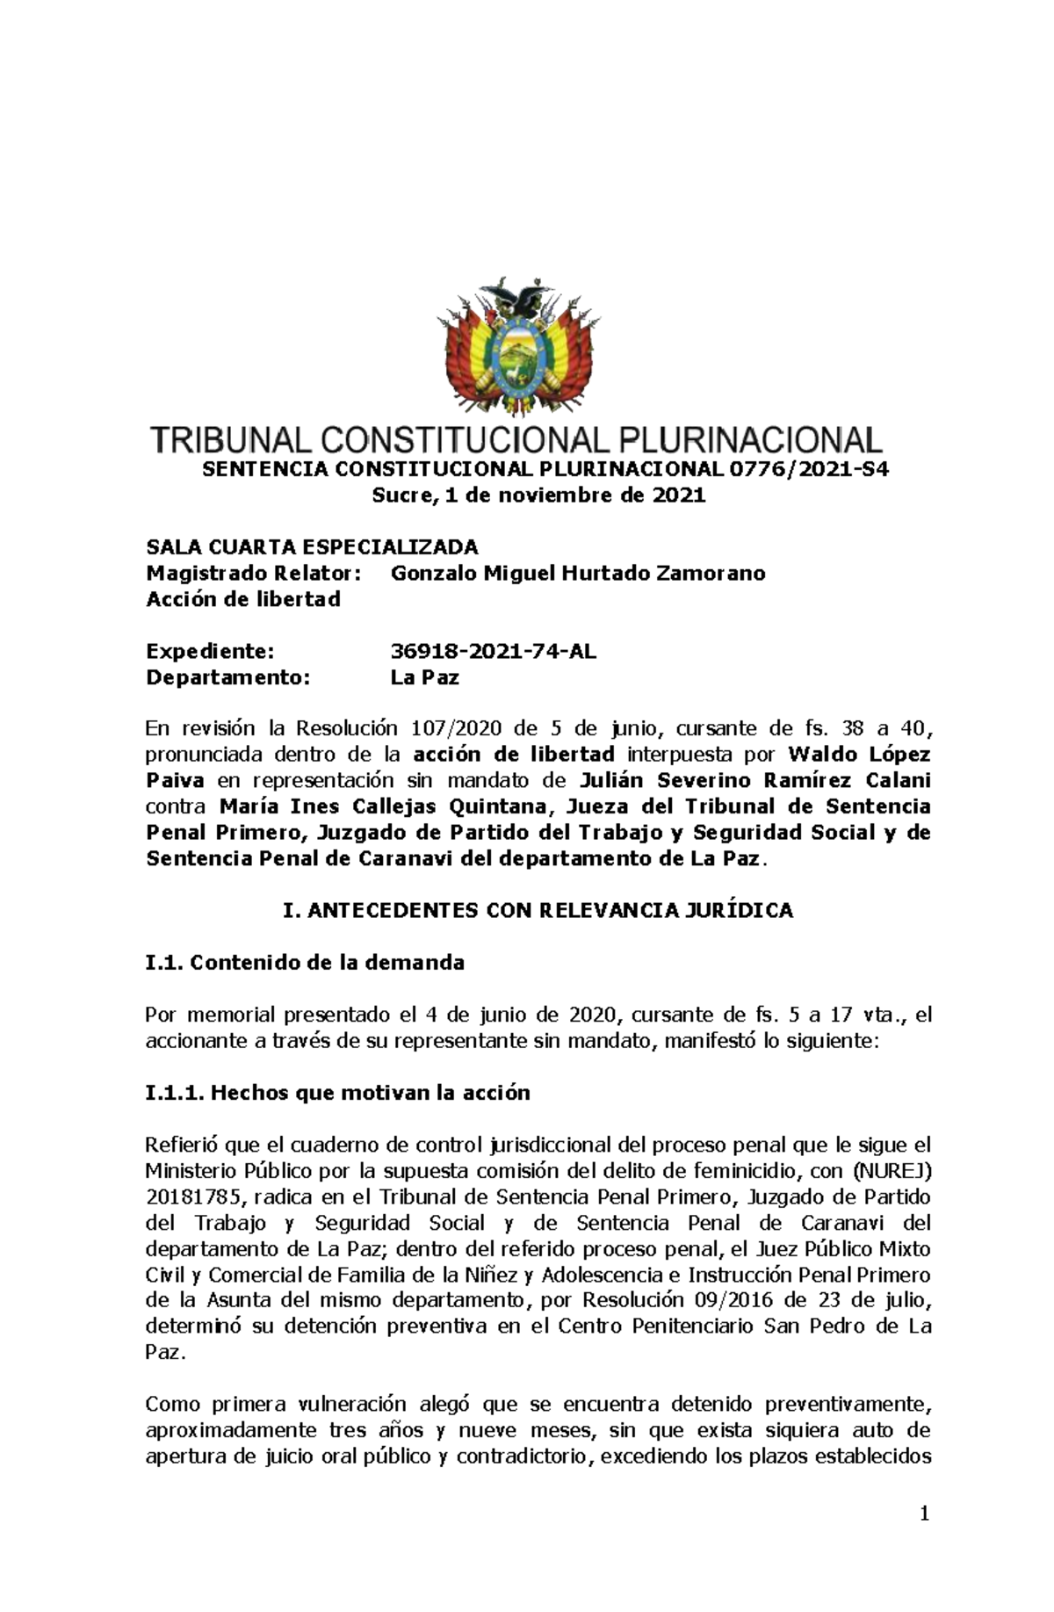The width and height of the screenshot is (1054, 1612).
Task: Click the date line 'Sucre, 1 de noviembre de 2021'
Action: click(x=538, y=495)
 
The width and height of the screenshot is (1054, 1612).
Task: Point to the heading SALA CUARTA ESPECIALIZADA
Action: click(x=312, y=547)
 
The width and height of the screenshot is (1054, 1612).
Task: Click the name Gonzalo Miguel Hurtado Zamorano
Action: click(x=577, y=574)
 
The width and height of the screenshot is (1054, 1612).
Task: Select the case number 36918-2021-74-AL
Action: click(x=493, y=652)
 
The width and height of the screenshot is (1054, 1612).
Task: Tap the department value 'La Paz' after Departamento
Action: click(x=424, y=678)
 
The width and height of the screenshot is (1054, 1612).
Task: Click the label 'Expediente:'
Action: click(x=210, y=652)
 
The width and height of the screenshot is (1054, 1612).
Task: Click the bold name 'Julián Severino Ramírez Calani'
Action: click(x=755, y=780)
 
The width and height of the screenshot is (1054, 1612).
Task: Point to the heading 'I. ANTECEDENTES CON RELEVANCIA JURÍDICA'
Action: click(x=538, y=911)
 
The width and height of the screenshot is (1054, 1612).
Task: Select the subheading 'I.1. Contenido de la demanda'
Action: click(x=305, y=963)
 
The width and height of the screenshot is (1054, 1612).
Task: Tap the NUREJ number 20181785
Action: click(x=185, y=1196)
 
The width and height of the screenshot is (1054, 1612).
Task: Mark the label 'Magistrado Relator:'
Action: click(x=253, y=574)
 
